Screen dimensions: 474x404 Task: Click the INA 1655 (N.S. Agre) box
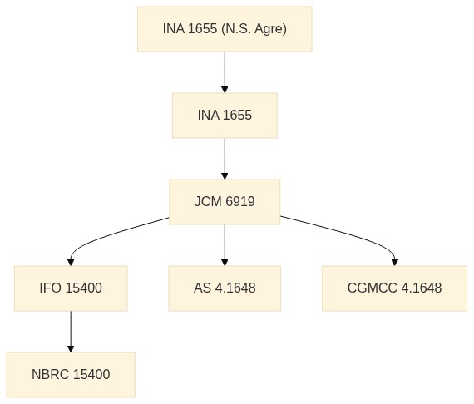tap(225, 29)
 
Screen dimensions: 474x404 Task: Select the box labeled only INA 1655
tap(225, 116)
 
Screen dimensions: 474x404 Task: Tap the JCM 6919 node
tap(225, 202)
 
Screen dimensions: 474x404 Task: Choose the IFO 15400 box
tap(71, 288)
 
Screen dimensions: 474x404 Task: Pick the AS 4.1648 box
tap(225, 288)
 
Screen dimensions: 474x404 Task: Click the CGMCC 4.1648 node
tap(394, 288)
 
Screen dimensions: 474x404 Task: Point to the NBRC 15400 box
tap(71, 375)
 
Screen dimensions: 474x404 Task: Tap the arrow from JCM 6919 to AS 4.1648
tap(225, 245)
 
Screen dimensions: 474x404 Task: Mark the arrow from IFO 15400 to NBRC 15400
tap(71, 332)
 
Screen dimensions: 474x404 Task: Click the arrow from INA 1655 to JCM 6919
tap(225, 159)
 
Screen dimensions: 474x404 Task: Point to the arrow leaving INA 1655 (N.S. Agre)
tap(225, 72)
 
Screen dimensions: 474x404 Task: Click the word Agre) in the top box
tap(270, 29)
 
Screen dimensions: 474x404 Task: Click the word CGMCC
tap(372, 288)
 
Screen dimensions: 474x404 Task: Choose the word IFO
tap(51, 288)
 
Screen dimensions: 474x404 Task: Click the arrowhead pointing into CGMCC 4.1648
tap(394, 263)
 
